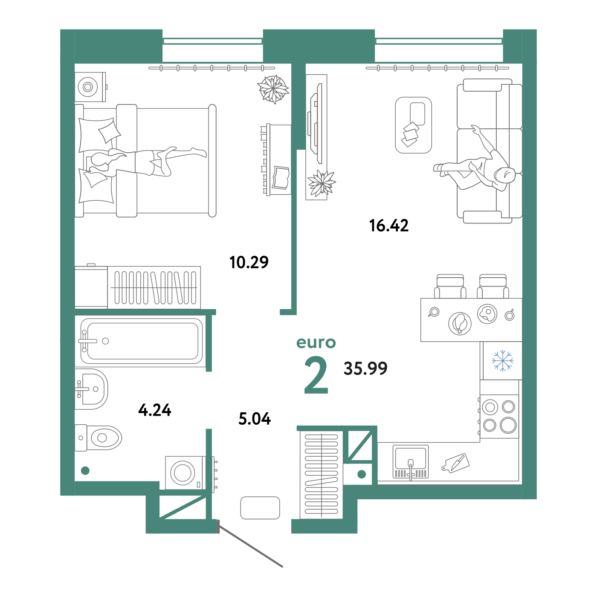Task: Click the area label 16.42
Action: click(x=388, y=226)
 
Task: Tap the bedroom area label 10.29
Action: click(x=249, y=262)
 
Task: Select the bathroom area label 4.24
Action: click(x=155, y=410)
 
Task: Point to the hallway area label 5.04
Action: click(x=255, y=418)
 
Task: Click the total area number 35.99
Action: click(x=365, y=368)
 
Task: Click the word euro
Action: click(x=316, y=343)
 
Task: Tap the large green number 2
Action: click(x=316, y=374)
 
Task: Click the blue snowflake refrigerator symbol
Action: click(x=502, y=361)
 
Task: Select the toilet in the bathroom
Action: click(x=98, y=438)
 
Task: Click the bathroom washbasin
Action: click(x=91, y=389)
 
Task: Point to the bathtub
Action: click(x=142, y=341)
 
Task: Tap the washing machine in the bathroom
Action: click(x=185, y=472)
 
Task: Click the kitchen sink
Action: click(x=411, y=461)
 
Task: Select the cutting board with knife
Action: click(x=455, y=463)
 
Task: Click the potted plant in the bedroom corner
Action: click(x=273, y=89)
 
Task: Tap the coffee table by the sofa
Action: click(x=413, y=125)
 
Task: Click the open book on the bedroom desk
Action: click(x=281, y=178)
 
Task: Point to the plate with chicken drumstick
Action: click(x=460, y=324)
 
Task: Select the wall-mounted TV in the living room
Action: click(x=316, y=123)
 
